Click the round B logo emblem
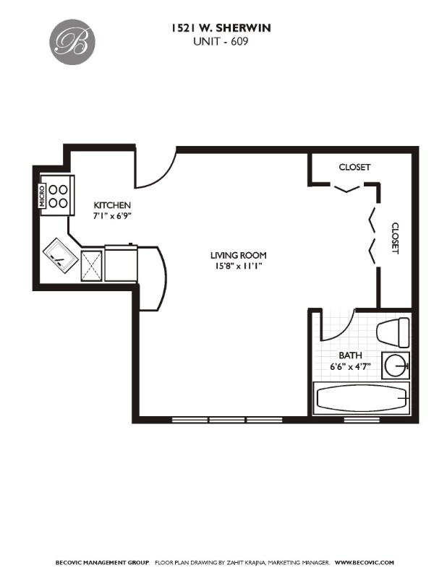pos(73,40)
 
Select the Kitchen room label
pos(112,205)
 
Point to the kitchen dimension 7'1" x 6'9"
pos(112,215)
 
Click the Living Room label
pos(238,255)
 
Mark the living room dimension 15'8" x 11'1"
pos(238,265)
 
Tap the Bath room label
pos(350,355)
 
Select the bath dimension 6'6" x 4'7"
pos(350,366)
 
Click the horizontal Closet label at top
pos(354,167)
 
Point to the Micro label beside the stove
pos(42,195)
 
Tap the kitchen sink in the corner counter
pos(59,254)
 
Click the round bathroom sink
pos(396,366)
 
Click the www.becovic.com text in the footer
pos(365,562)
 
